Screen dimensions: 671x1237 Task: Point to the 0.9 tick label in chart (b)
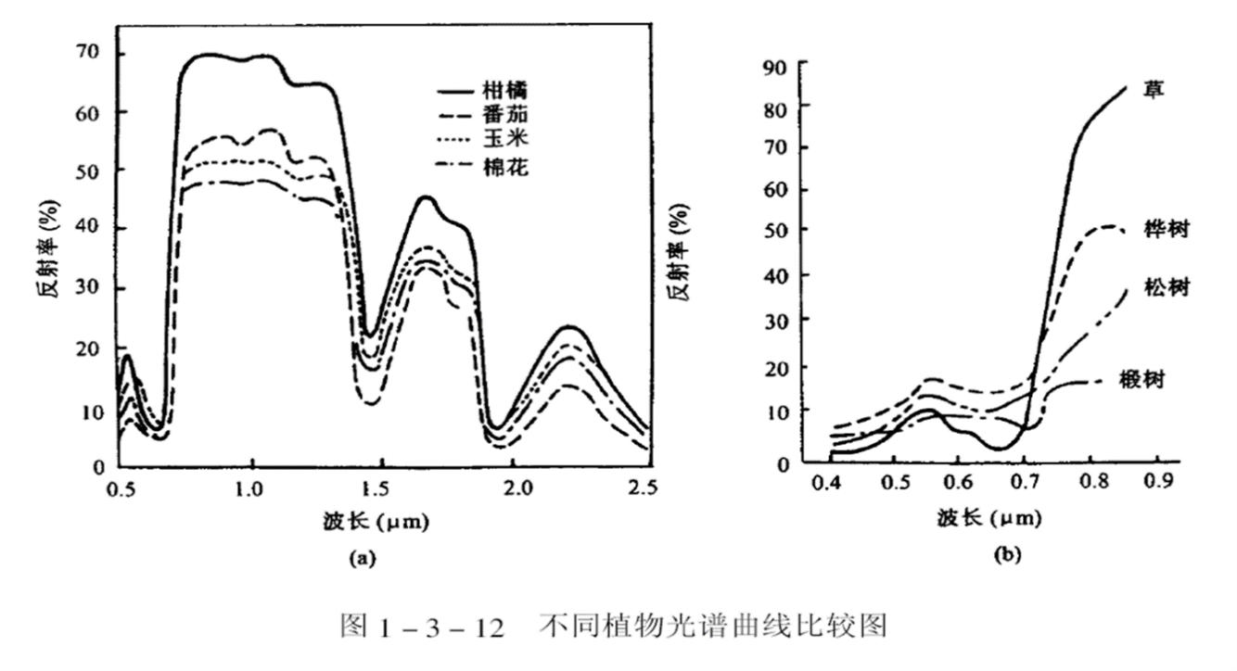pyautogui.click(x=1157, y=482)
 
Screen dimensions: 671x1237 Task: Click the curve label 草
pyautogui.click(x=1154, y=90)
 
